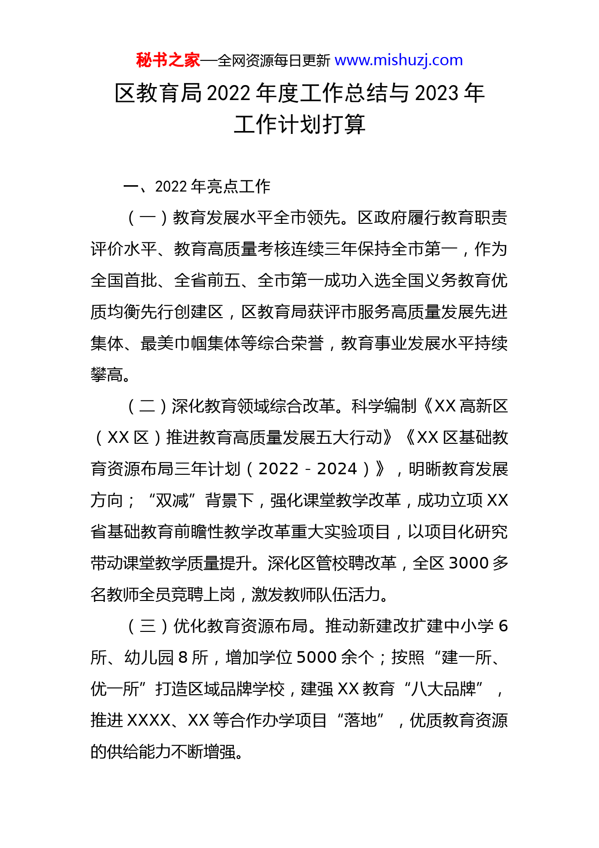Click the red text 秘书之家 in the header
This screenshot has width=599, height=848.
(168, 60)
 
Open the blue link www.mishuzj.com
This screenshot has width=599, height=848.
(399, 60)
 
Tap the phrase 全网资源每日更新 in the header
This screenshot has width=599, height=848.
(274, 61)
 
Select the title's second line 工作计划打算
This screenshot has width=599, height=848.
(299, 125)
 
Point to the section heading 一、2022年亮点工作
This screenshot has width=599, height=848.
(197, 187)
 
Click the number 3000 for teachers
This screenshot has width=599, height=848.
(469, 564)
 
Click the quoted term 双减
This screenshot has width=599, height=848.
(172, 501)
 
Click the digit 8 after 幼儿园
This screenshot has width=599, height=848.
(183, 658)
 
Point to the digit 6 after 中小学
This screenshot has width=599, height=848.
(502, 627)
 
